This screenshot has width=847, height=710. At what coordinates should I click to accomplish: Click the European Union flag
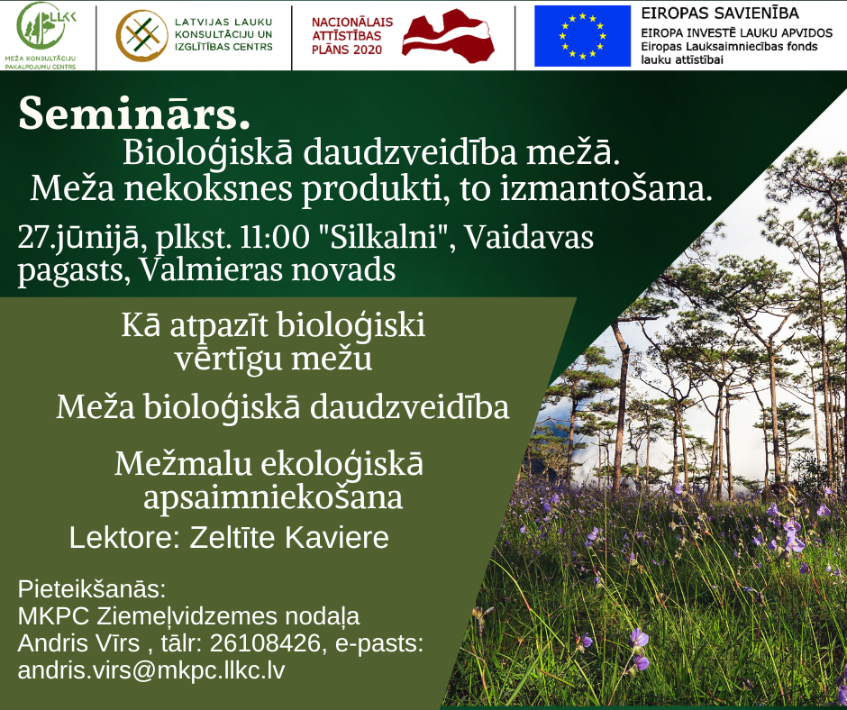click(582, 36)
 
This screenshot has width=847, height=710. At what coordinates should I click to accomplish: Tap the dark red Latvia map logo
click(449, 36)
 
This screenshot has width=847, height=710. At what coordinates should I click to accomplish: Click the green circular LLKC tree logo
click(43, 26)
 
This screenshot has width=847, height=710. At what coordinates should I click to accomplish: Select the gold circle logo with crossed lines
click(142, 36)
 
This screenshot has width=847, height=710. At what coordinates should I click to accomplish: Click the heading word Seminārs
click(134, 113)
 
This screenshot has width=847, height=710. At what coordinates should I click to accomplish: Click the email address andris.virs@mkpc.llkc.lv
click(151, 670)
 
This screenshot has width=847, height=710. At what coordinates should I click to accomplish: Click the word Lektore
click(124, 538)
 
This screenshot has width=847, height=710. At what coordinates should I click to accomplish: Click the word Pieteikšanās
click(91, 589)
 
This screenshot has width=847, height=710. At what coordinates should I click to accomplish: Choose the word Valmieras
click(211, 269)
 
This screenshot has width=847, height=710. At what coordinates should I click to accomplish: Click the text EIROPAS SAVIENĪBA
click(720, 13)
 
